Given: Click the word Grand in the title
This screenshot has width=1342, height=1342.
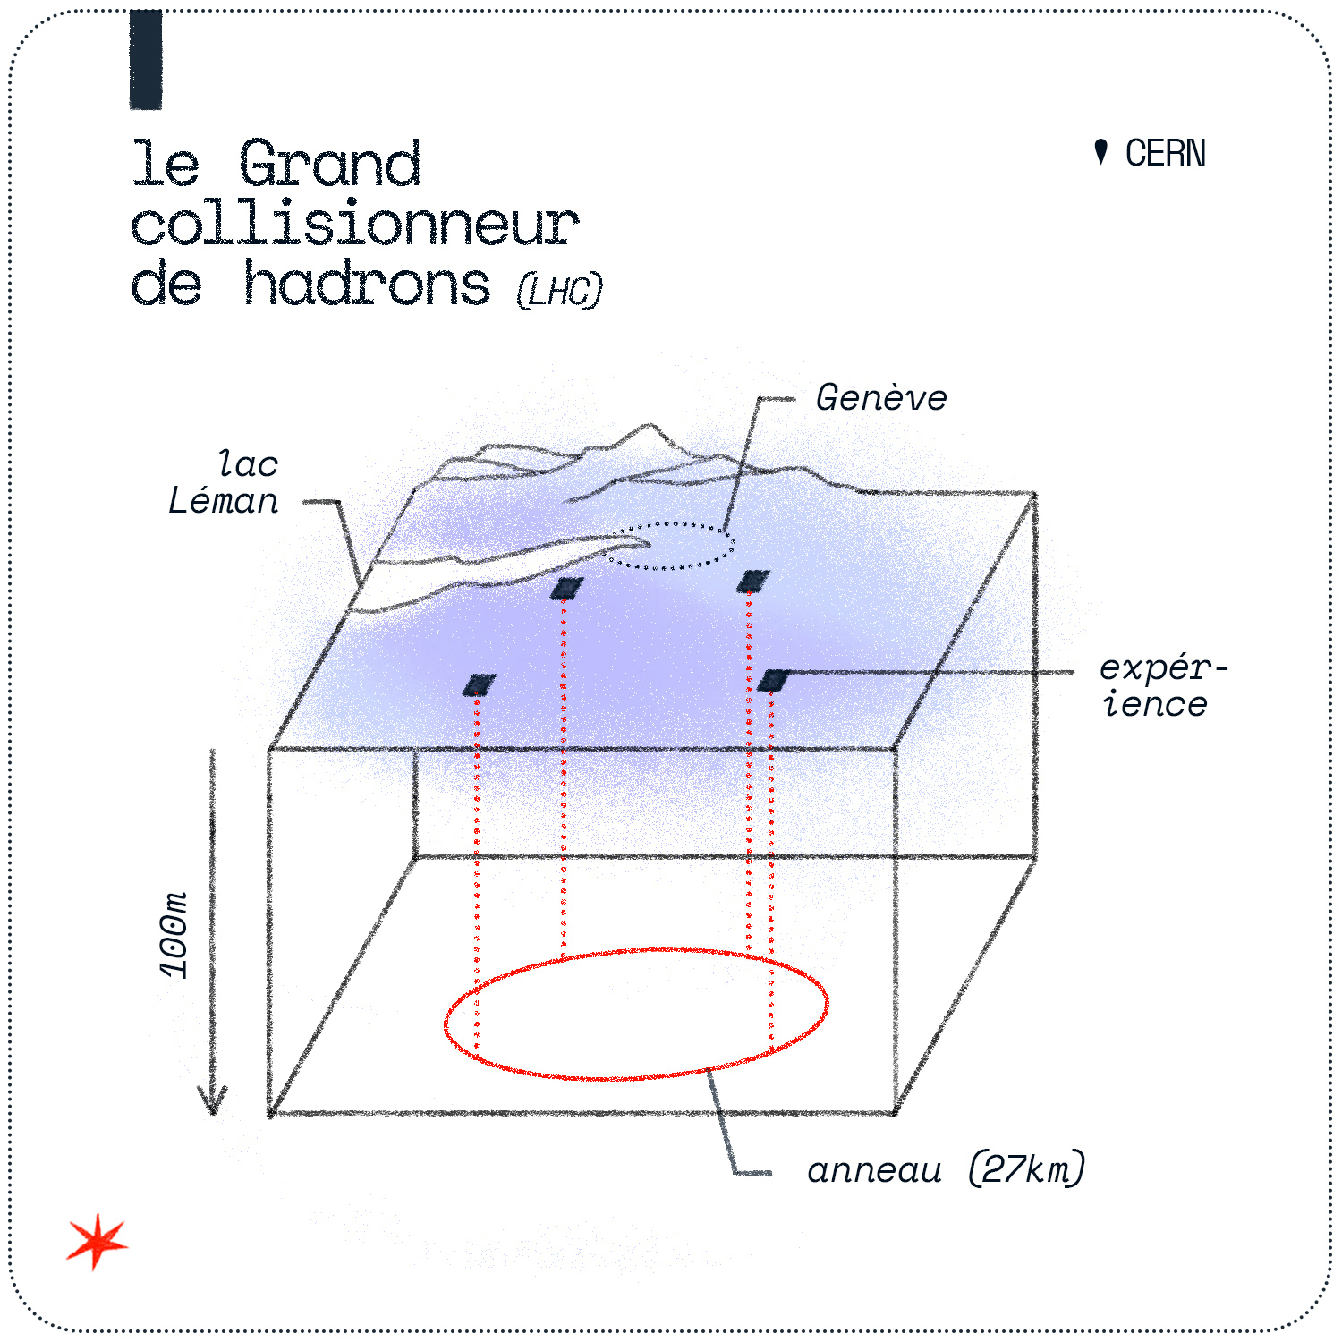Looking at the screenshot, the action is pyautogui.click(x=330, y=165).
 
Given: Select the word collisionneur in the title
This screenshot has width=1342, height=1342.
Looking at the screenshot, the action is pyautogui.click(x=354, y=225).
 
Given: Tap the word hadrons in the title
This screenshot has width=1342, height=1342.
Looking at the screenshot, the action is pyautogui.click(x=367, y=285).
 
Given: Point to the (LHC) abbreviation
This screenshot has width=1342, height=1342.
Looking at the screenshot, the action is pyautogui.click(x=560, y=291).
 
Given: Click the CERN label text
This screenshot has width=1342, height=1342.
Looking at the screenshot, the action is pyautogui.click(x=1165, y=154).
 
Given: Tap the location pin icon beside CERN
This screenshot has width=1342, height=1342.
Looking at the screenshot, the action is pyautogui.click(x=1101, y=152).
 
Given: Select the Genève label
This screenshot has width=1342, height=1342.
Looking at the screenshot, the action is pyautogui.click(x=881, y=399).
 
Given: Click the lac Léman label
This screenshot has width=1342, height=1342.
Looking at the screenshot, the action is pyautogui.click(x=225, y=483).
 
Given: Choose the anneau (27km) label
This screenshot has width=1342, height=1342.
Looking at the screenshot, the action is pyautogui.click(x=946, y=1170).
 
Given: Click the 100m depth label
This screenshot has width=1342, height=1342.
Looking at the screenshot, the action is pyautogui.click(x=174, y=934).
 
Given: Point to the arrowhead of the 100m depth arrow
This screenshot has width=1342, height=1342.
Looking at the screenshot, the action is pyautogui.click(x=213, y=1106).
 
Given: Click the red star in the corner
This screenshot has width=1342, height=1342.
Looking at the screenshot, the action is pyautogui.click(x=97, y=1242).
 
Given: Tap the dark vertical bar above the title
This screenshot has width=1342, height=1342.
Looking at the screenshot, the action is pyautogui.click(x=146, y=60).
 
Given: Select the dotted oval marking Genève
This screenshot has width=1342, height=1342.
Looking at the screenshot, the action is pyautogui.click(x=668, y=546).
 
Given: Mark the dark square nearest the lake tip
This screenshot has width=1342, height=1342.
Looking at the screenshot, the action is pyautogui.click(x=566, y=588).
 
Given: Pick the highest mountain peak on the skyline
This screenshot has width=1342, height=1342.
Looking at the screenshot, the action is pyautogui.click(x=646, y=428).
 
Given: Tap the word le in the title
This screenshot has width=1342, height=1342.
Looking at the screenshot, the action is pyautogui.click(x=166, y=165).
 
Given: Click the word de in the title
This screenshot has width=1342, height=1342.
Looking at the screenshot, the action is pyautogui.click(x=166, y=285).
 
